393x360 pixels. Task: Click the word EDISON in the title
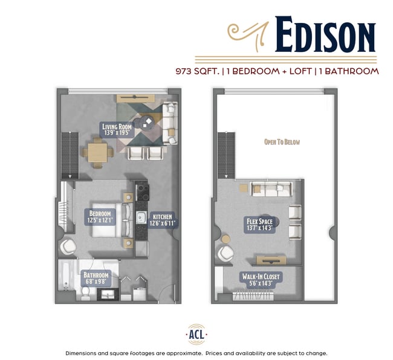325,35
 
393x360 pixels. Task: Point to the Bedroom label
100,217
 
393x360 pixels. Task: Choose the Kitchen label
162,219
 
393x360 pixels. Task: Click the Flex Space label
259,225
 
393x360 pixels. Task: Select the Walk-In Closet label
261,280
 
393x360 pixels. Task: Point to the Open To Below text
282,142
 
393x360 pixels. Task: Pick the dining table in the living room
99,151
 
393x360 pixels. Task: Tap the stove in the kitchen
144,193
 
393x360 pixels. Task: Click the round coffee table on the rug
147,124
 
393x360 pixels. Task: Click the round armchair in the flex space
226,254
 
